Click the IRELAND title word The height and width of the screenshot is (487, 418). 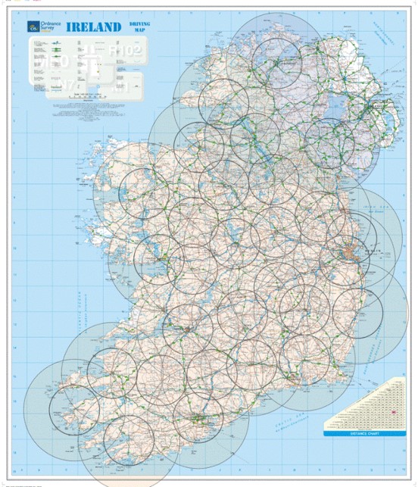(94, 27)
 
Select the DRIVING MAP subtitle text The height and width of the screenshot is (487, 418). (139, 28)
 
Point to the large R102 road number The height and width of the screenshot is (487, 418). (126, 50)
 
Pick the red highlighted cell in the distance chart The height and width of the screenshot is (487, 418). (394, 412)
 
